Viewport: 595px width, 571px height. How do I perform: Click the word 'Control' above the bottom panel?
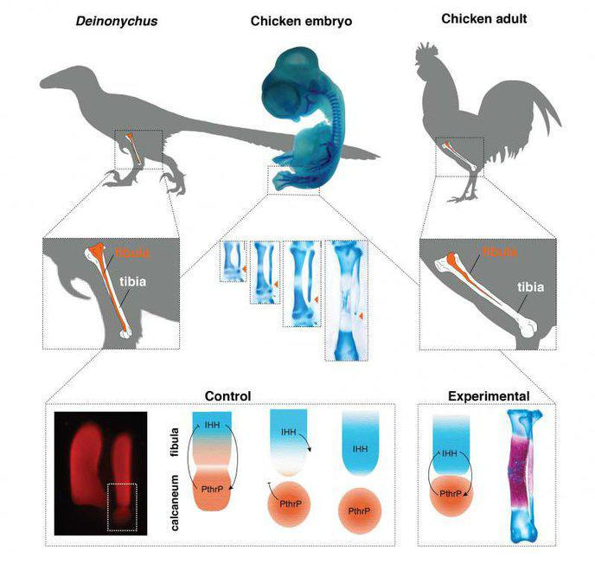pyautogui.click(x=227, y=396)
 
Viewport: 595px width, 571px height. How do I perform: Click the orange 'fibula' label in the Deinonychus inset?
pyautogui.click(x=129, y=253)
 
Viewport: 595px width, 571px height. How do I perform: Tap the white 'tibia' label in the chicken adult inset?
pyautogui.click(x=530, y=288)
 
